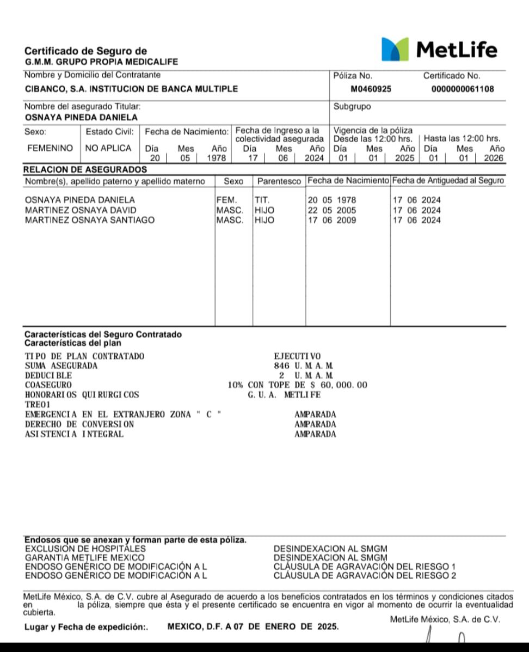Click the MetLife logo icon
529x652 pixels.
pyautogui.click(x=395, y=49)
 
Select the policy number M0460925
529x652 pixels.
pyautogui.click(x=371, y=89)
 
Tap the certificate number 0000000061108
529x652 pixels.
pyautogui.click(x=463, y=89)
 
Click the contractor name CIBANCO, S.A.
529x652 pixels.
pyautogui.click(x=131, y=89)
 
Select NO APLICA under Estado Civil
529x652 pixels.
pyautogui.click(x=108, y=148)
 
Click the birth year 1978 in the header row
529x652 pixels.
pyautogui.click(x=216, y=159)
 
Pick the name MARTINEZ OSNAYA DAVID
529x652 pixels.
pyautogui.click(x=81, y=210)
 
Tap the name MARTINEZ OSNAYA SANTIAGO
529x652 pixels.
pyautogui.click(x=90, y=220)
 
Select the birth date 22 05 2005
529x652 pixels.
pyautogui.click(x=332, y=210)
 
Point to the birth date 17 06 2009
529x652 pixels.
pyautogui.click(x=332, y=220)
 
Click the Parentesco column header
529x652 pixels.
pyautogui.click(x=279, y=181)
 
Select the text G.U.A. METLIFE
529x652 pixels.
pyautogui.click(x=284, y=395)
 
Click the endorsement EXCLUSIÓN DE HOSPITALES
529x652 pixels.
pyautogui.click(x=85, y=549)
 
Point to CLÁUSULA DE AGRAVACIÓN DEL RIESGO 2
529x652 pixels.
pyautogui.click(x=365, y=575)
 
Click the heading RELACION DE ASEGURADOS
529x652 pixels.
pyautogui.click(x=85, y=169)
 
